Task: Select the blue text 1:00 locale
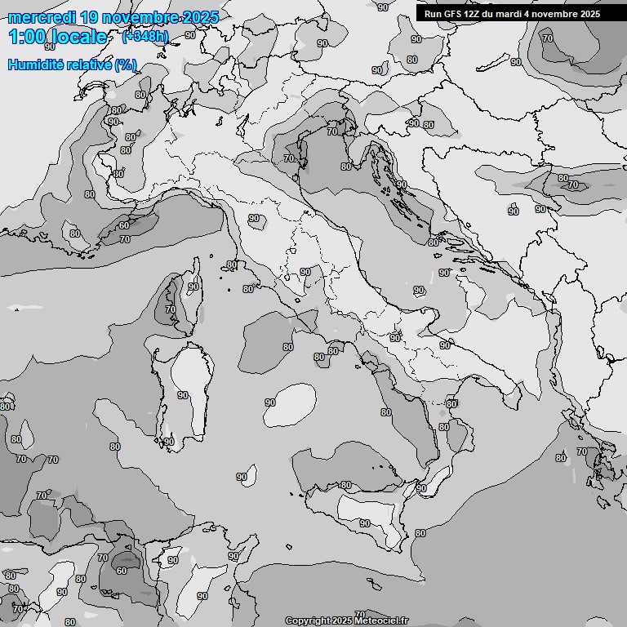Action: [57, 37]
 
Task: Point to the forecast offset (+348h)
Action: [145, 36]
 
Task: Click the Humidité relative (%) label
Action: [73, 64]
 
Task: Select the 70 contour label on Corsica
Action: [170, 309]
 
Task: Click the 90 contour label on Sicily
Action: [364, 523]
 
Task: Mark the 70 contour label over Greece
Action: [581, 451]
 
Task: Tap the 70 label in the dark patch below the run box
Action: [547, 38]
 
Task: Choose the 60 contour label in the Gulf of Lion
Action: [123, 226]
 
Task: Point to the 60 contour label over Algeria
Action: [122, 571]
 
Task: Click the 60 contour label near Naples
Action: [332, 351]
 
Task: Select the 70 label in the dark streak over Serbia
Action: [572, 185]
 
